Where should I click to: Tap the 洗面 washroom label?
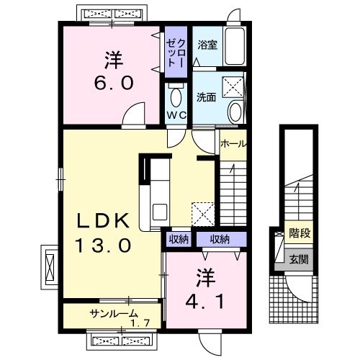(x=207, y=97)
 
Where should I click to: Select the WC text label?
(x=176, y=115)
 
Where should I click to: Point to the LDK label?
(x=103, y=220)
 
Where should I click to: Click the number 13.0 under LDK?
(x=103, y=246)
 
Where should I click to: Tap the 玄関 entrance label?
(x=298, y=259)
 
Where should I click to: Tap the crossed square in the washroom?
(x=233, y=87)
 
